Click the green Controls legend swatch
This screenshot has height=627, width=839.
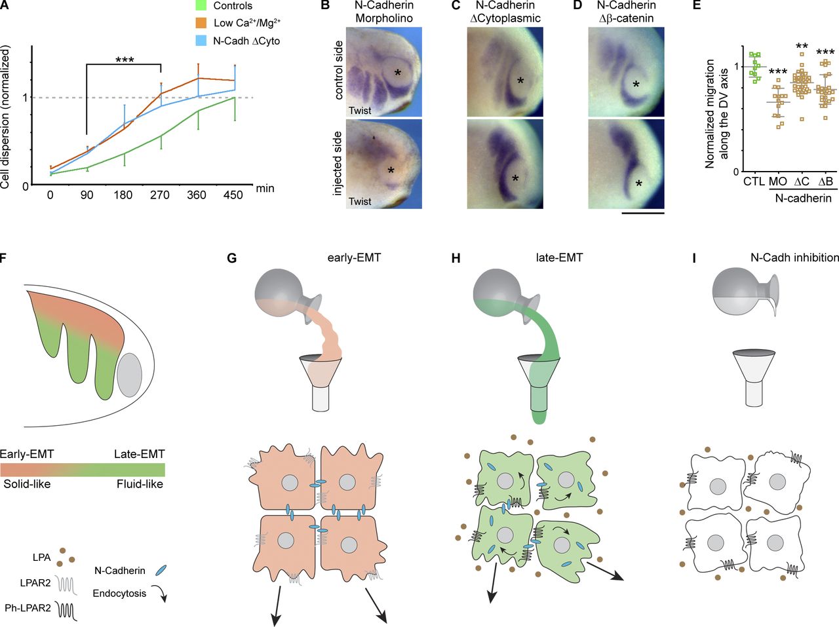coord(202,6)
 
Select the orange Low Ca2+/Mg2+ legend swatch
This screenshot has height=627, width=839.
coord(202,24)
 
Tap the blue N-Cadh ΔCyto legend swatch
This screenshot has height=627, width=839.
coord(202,41)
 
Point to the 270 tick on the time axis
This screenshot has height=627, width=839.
coord(160,195)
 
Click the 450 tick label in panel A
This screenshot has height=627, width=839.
coord(233,195)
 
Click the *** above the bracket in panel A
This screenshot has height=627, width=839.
coord(125,60)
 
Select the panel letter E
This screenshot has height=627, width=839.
coord(696,5)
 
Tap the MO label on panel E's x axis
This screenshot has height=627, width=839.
coord(777,181)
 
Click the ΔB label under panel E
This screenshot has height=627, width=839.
coord(825,181)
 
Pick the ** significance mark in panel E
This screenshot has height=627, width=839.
coord(801,47)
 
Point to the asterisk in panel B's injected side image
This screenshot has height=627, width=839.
coord(391,171)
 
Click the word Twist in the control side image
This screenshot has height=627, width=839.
coord(360,111)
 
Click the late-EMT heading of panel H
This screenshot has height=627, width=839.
coord(558,257)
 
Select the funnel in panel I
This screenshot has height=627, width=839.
coord(756,379)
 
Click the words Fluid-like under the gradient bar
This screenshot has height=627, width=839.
coord(140,484)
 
